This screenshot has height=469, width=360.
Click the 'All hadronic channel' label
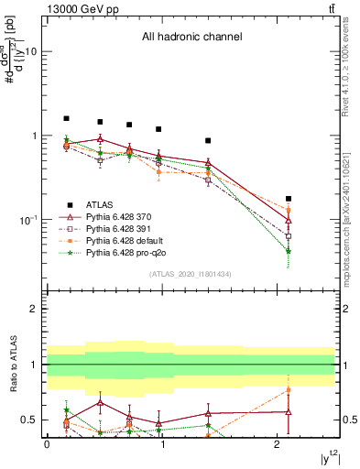[x=191, y=38]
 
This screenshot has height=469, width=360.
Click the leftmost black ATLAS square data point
[x=66, y=118]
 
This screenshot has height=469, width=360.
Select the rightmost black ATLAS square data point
[x=289, y=198]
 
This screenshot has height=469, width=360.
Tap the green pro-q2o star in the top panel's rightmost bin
[x=289, y=251]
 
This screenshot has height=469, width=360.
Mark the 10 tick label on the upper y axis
[x=30, y=52]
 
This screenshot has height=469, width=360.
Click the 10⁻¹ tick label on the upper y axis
[x=27, y=221]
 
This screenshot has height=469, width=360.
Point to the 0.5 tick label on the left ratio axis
[x=27, y=420]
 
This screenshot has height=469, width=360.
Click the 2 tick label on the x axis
[x=278, y=444]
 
